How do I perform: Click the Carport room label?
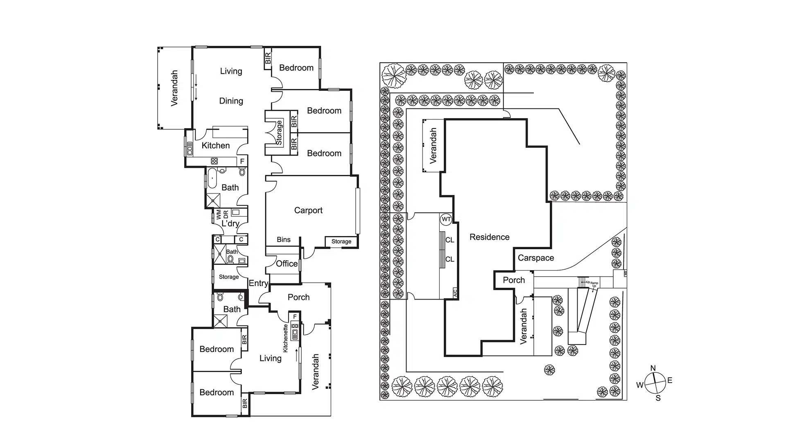308,210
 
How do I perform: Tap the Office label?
287,264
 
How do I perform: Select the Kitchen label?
216,145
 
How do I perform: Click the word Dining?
231,101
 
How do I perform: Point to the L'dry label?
230,223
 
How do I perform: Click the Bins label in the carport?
283,240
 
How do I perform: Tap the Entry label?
258,283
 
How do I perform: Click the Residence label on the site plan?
489,237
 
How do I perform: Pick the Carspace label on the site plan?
535,258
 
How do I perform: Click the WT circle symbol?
446,219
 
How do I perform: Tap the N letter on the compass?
653,368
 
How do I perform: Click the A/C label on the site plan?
455,292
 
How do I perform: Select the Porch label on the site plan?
513,280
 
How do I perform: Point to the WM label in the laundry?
219,214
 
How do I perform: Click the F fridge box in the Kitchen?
242,161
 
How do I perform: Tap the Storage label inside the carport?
341,241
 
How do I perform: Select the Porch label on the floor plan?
298,297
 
